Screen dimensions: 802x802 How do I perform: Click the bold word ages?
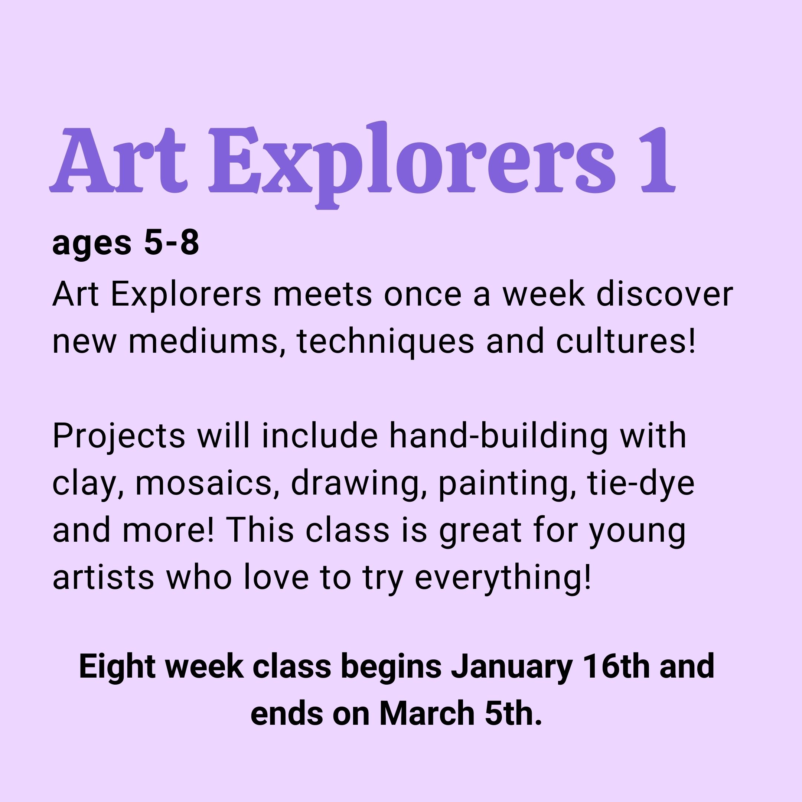(x=91, y=246)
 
